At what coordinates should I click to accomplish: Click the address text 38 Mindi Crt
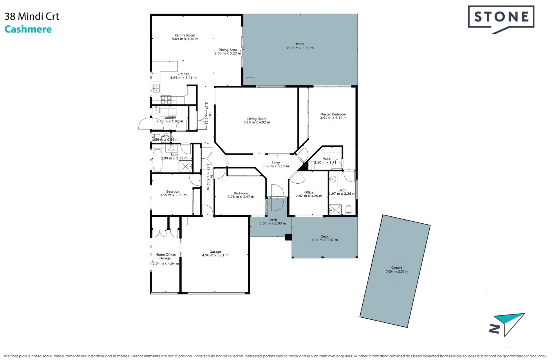32,17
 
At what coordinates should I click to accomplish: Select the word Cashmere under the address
28,29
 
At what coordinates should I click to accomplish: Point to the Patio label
300,44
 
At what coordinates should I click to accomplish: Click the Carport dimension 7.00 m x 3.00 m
397,272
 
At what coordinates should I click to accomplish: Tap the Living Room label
257,119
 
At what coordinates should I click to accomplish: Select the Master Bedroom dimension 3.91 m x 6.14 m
333,118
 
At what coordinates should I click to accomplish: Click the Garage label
215,252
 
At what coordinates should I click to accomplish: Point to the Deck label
324,236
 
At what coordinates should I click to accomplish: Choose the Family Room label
185,35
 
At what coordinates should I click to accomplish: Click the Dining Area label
227,50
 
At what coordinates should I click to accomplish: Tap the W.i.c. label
327,159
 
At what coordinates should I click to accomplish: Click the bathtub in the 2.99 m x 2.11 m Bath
158,160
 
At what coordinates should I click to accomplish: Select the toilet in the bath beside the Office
348,209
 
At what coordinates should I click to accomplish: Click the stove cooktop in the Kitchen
166,100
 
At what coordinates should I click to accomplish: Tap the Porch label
273,220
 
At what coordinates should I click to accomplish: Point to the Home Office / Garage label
166,256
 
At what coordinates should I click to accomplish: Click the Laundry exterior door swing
144,124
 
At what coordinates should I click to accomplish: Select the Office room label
309,192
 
